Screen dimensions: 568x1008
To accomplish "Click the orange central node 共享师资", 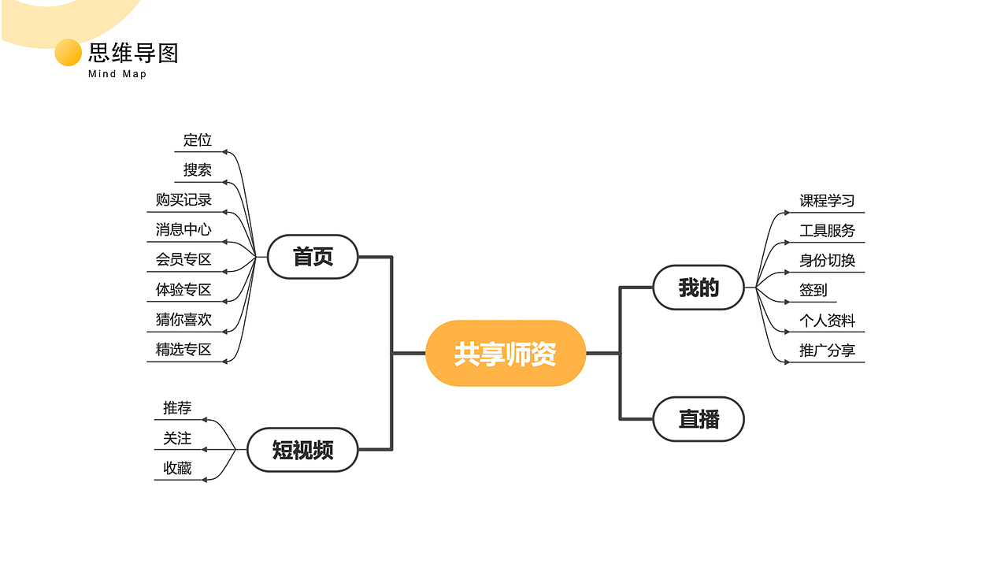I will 506,354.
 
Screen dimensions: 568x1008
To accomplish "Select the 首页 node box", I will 313,257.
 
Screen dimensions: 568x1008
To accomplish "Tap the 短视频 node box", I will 302,450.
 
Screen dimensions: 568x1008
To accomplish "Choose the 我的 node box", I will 699,288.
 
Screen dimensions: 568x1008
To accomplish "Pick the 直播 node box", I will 699,419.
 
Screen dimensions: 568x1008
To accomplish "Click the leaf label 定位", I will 198,140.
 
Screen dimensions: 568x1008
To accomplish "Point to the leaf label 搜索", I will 198,170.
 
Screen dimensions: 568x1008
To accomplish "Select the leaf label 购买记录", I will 183,200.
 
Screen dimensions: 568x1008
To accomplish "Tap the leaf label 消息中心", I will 183,230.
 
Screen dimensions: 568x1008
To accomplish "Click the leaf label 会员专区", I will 183,259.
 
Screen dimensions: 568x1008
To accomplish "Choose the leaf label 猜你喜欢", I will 183,320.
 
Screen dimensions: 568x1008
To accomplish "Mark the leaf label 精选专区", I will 183,350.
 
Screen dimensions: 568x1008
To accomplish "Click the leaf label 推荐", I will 177,408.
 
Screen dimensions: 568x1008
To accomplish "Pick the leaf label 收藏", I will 177,468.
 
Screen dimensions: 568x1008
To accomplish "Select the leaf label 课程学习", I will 827,201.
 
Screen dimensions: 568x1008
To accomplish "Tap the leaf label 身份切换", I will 827,261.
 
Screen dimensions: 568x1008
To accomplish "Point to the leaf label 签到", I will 813,290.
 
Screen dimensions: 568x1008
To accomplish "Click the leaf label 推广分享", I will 827,351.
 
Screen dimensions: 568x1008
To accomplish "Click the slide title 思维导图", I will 133,54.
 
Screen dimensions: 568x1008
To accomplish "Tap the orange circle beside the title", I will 69,53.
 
